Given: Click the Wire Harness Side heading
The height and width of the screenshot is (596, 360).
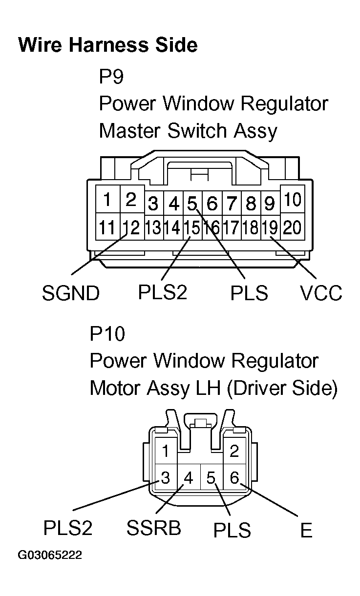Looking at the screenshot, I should (x=107, y=45).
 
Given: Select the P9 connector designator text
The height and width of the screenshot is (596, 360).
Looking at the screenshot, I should (x=112, y=77).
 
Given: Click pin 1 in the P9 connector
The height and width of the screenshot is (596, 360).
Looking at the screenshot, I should (x=107, y=200).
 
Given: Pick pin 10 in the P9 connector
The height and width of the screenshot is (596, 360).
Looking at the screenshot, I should (x=293, y=200).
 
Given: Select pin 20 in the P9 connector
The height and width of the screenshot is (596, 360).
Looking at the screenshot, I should (x=292, y=227).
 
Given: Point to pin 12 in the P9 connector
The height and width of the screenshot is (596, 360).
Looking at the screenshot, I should (x=131, y=227).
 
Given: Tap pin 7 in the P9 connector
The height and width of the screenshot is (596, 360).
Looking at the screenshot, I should (x=232, y=203).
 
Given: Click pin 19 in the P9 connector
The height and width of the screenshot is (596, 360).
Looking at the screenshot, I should (x=270, y=227).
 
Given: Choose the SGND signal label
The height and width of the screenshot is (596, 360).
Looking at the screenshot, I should (x=71, y=293).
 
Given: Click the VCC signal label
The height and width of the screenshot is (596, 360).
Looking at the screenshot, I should (x=321, y=293).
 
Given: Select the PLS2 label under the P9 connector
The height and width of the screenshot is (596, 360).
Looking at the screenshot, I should (x=163, y=292).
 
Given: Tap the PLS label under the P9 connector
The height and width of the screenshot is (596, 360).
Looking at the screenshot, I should (x=249, y=293).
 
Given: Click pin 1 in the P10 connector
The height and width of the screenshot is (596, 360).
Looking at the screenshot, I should (x=166, y=451).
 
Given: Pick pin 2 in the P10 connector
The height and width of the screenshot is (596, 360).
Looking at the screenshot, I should (x=234, y=451).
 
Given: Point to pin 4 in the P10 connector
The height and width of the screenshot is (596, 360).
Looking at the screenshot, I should (x=189, y=477).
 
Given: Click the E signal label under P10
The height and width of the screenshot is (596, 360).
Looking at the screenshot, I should (x=306, y=531).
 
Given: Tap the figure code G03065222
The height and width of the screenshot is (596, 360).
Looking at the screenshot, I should (x=50, y=555).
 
